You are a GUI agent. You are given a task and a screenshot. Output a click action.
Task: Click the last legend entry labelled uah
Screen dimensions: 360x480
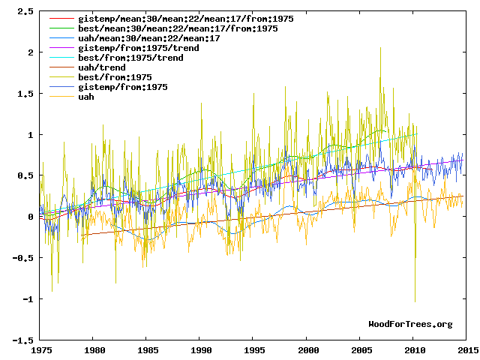point(86,97)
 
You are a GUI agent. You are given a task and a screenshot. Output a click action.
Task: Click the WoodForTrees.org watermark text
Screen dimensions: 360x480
point(410,324)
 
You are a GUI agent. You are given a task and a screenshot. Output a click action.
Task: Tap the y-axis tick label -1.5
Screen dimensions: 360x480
point(22,340)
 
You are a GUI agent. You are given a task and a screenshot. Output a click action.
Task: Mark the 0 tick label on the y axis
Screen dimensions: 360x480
point(30,217)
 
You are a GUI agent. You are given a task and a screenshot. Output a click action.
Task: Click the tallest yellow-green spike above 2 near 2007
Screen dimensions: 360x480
point(380,47)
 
